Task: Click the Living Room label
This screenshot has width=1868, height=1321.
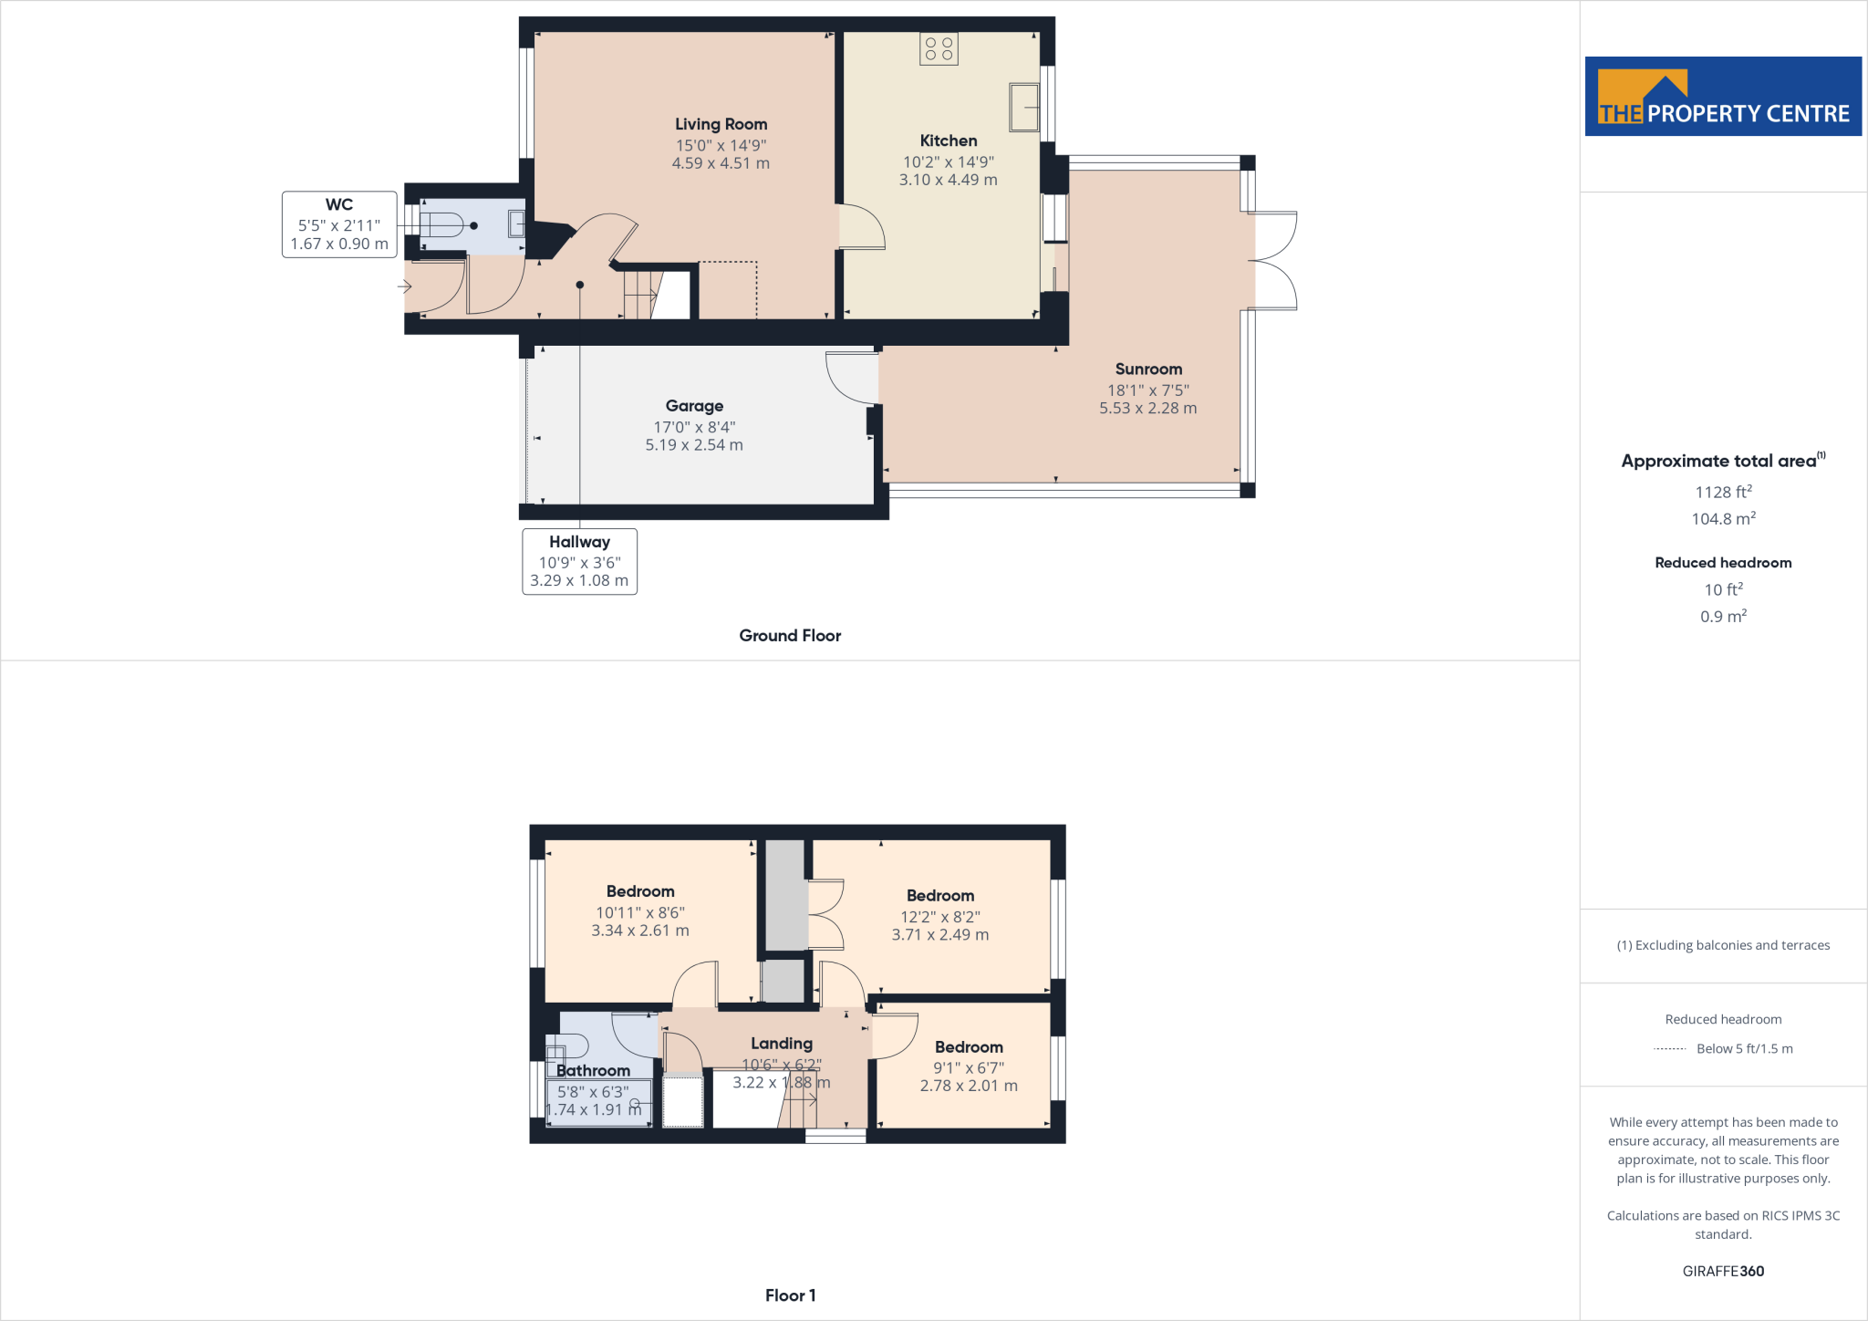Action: point(721,124)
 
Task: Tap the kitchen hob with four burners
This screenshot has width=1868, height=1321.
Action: point(939,48)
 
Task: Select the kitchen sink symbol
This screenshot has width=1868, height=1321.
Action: point(1023,107)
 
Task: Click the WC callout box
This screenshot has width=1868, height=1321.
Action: point(339,224)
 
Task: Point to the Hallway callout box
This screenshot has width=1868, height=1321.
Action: point(579,561)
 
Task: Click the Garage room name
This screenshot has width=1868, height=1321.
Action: point(694,406)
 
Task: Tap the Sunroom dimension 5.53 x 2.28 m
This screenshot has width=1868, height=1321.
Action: point(1147,409)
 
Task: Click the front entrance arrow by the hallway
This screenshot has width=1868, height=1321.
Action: point(405,286)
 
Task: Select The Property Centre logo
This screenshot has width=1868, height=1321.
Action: point(1723,97)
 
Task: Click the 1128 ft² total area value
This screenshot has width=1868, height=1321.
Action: point(1723,492)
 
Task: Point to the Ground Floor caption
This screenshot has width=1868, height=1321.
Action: point(790,636)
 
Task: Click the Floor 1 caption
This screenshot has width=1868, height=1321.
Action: point(790,1295)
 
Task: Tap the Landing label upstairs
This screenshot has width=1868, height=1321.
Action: point(782,1044)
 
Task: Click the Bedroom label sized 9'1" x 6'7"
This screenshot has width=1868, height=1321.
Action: point(969,1047)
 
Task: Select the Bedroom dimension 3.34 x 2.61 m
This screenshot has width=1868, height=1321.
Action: point(640,931)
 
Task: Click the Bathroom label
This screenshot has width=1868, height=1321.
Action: point(593,1071)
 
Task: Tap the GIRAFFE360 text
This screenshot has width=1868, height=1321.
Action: point(1723,1271)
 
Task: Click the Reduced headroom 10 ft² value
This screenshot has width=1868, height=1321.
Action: point(1723,590)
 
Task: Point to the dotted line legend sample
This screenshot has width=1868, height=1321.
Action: point(1669,1049)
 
